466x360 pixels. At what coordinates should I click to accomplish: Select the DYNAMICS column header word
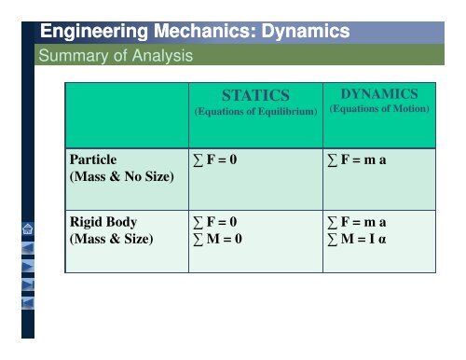point(379,93)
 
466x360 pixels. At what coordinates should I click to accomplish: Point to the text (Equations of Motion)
point(379,109)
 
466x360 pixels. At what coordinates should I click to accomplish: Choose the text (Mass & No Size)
point(120,177)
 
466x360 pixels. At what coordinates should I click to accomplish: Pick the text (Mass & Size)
point(110,241)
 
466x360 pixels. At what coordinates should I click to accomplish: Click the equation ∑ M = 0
point(215,241)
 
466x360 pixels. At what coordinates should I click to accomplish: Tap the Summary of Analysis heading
point(113,56)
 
